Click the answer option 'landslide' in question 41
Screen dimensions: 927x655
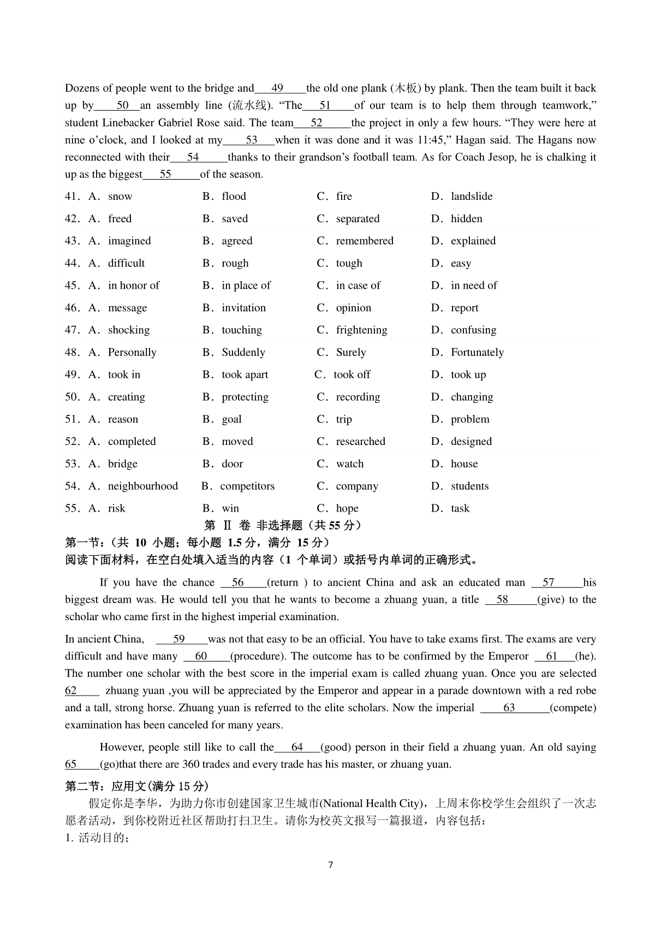[x=471, y=197]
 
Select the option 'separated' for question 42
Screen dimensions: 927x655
[x=358, y=219]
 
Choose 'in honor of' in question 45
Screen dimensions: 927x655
[x=133, y=286]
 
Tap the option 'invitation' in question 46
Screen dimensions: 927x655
[x=243, y=308]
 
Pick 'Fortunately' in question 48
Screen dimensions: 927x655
[x=477, y=353]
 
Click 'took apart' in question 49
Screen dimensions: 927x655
[x=245, y=375]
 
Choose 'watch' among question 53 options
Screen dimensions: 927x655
[x=349, y=464]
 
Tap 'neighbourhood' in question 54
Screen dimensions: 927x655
[x=142, y=486]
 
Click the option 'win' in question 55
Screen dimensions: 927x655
[x=230, y=509]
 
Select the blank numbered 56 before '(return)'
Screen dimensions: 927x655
[x=238, y=583]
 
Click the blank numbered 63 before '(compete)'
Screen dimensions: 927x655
[x=509, y=708]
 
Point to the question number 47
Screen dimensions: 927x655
[x=73, y=330]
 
